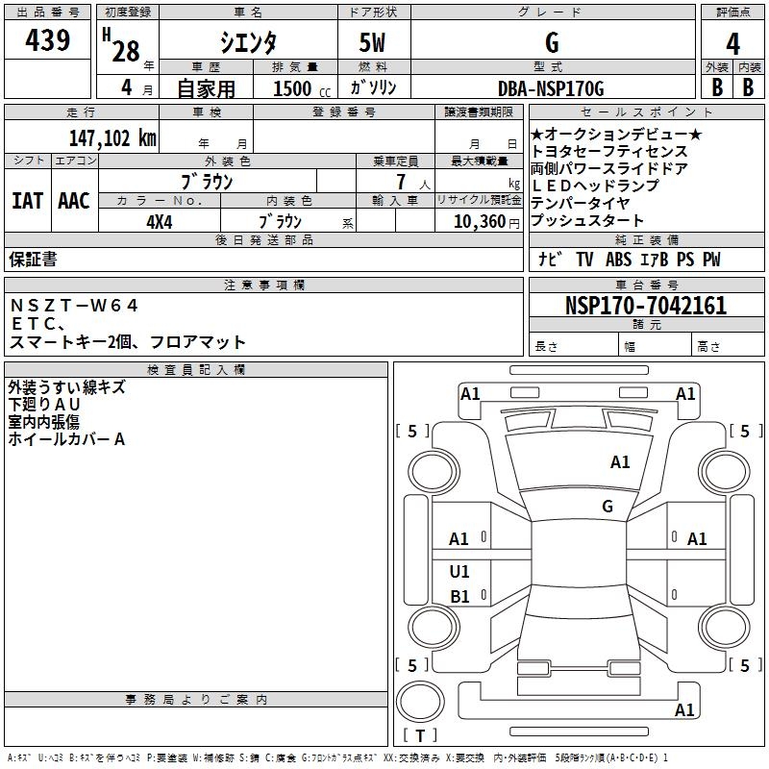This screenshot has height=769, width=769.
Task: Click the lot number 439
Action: click(47, 40)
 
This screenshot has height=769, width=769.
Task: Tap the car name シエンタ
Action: click(249, 42)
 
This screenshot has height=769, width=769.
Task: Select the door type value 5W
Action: click(375, 42)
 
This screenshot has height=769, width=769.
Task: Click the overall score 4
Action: click(733, 44)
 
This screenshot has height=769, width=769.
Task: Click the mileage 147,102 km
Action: click(112, 138)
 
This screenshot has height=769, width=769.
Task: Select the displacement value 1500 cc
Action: click(298, 89)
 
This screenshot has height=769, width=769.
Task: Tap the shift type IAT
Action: click(28, 200)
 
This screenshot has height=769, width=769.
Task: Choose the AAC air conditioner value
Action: click(74, 200)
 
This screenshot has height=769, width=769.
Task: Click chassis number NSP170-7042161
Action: click(646, 307)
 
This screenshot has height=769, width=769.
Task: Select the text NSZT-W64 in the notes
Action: click(75, 306)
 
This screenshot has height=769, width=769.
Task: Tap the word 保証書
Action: click(33, 260)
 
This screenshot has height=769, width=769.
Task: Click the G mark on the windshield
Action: click(608, 507)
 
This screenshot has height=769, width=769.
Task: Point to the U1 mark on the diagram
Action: click(459, 572)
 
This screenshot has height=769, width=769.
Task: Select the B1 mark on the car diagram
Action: click(459, 597)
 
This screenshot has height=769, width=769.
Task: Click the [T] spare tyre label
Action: click(420, 736)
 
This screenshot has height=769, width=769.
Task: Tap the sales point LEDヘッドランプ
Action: click(595, 186)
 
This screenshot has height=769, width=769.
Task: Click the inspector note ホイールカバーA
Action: click(66, 439)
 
